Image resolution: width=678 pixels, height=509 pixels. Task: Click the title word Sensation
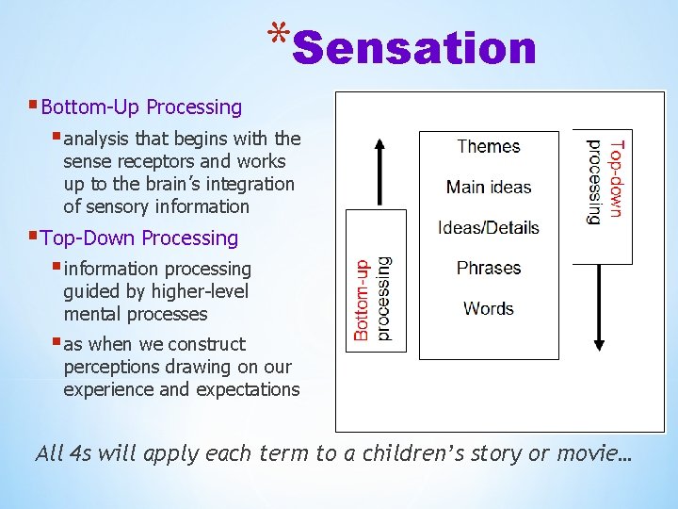coord(414,47)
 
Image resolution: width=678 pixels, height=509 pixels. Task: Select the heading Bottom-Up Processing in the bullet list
coord(141,107)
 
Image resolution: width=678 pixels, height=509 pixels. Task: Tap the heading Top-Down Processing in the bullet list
coord(139,238)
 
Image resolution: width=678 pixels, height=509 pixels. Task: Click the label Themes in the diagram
coord(488,146)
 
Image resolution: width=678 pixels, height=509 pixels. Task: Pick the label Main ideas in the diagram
coord(489,187)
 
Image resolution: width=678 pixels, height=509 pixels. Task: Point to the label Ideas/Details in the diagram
coord(489,227)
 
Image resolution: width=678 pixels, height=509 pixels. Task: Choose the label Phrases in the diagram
coord(489,268)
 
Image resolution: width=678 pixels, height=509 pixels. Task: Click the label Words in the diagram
coord(489,308)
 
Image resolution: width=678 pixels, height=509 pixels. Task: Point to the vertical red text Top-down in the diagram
coord(615,179)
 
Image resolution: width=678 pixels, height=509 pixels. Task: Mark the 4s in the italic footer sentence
coord(80,453)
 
